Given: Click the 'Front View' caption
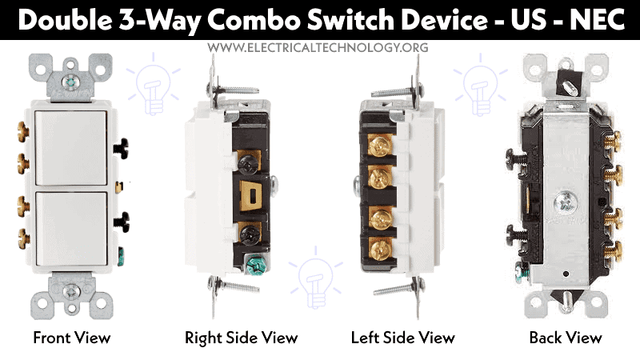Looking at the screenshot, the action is coord(72,338).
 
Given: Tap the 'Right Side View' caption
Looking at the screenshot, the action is coord(242,338).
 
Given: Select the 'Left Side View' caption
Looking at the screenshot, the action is coord(403,338).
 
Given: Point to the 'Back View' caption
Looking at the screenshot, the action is coord(566,338).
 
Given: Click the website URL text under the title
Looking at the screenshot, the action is coord(318,47).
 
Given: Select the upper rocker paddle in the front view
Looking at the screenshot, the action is coord(71,148).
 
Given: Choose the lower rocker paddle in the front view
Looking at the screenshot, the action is coord(71,230).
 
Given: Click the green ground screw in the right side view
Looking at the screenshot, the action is coord(256,264).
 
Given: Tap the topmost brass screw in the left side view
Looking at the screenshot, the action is coord(379,145).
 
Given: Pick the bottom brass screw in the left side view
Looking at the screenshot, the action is coord(379,247).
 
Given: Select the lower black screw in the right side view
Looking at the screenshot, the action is coord(249,234).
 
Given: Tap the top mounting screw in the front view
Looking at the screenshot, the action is coord(72,82).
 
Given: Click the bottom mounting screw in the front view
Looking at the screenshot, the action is coord(71,290).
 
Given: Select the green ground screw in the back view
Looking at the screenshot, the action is coord(522,273).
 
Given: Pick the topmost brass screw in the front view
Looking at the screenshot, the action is coord(23,131).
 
